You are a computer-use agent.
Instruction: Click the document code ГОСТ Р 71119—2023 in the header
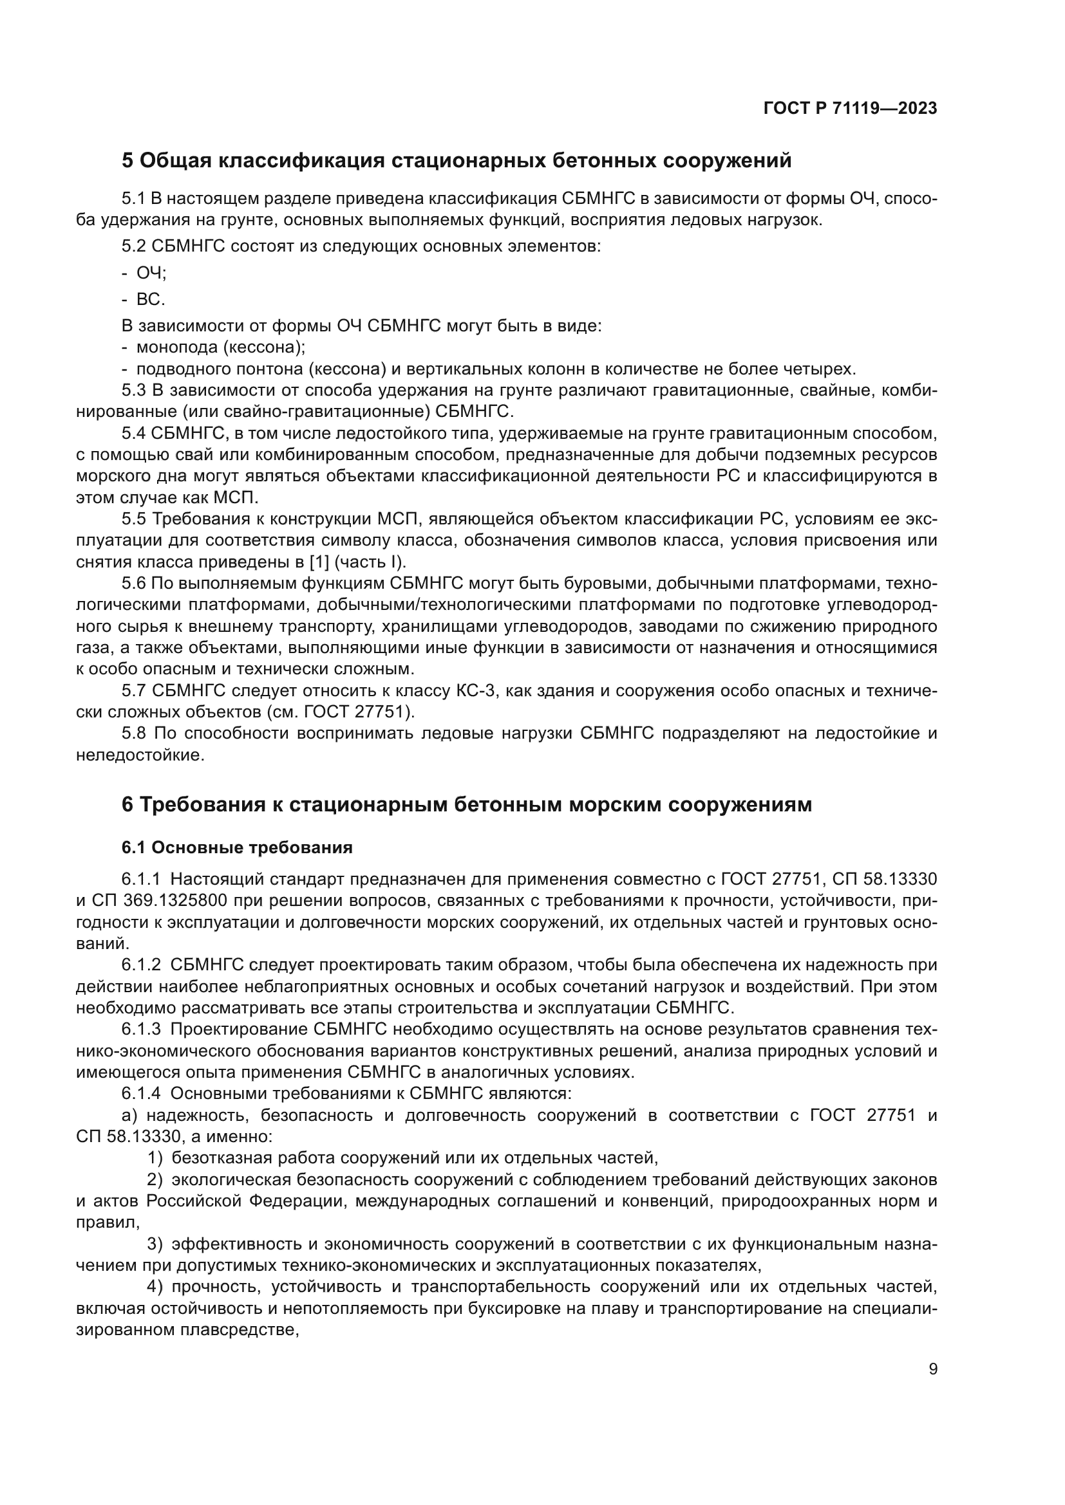point(850,109)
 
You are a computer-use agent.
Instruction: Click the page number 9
point(933,1369)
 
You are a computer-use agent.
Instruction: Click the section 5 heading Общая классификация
point(457,161)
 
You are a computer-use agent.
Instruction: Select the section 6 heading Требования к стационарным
point(466,804)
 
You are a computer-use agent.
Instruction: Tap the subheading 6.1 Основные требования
point(237,847)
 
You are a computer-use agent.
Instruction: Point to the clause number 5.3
point(133,390)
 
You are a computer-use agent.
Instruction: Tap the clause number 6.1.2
point(140,965)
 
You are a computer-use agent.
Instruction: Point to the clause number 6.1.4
point(140,1093)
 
